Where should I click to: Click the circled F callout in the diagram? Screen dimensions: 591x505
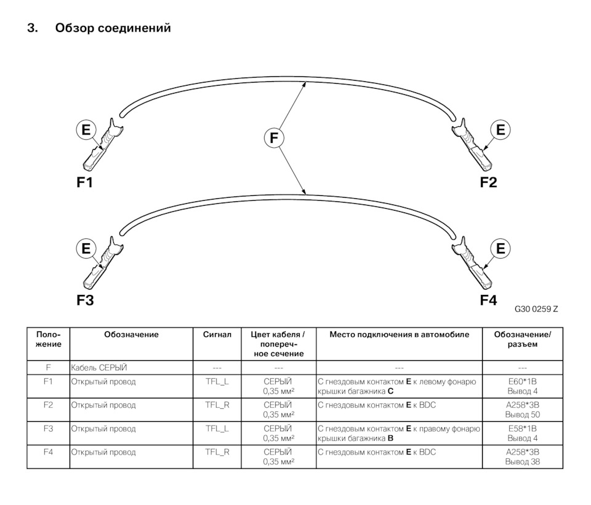[x=273, y=138]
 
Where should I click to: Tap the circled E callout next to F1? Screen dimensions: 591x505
[x=86, y=130]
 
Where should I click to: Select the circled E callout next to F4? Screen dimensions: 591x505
[x=500, y=249]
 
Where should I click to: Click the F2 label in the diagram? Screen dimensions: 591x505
[x=488, y=182]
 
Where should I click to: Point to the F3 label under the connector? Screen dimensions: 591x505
[x=85, y=300]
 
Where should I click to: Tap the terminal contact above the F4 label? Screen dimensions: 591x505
[x=472, y=263]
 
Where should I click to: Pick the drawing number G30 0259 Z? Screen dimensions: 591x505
[x=536, y=309]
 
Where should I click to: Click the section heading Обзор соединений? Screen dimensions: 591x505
[x=113, y=28]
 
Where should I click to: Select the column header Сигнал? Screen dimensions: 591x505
[x=217, y=334]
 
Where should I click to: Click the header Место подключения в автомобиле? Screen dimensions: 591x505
[x=399, y=334]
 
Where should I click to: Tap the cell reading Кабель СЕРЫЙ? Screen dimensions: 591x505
[x=99, y=368]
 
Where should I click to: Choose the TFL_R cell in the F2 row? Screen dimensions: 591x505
[x=217, y=405]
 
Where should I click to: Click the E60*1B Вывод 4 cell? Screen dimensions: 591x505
[x=523, y=386]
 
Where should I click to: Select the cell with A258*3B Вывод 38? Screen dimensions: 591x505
[x=523, y=457]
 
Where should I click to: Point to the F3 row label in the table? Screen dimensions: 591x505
[x=48, y=429]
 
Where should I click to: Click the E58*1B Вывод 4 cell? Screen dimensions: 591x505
[x=523, y=434]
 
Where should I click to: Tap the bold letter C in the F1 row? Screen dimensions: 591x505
[x=390, y=391]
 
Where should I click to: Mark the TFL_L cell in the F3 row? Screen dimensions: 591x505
[x=217, y=429]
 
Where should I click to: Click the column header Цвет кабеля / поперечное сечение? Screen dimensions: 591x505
[x=278, y=344]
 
